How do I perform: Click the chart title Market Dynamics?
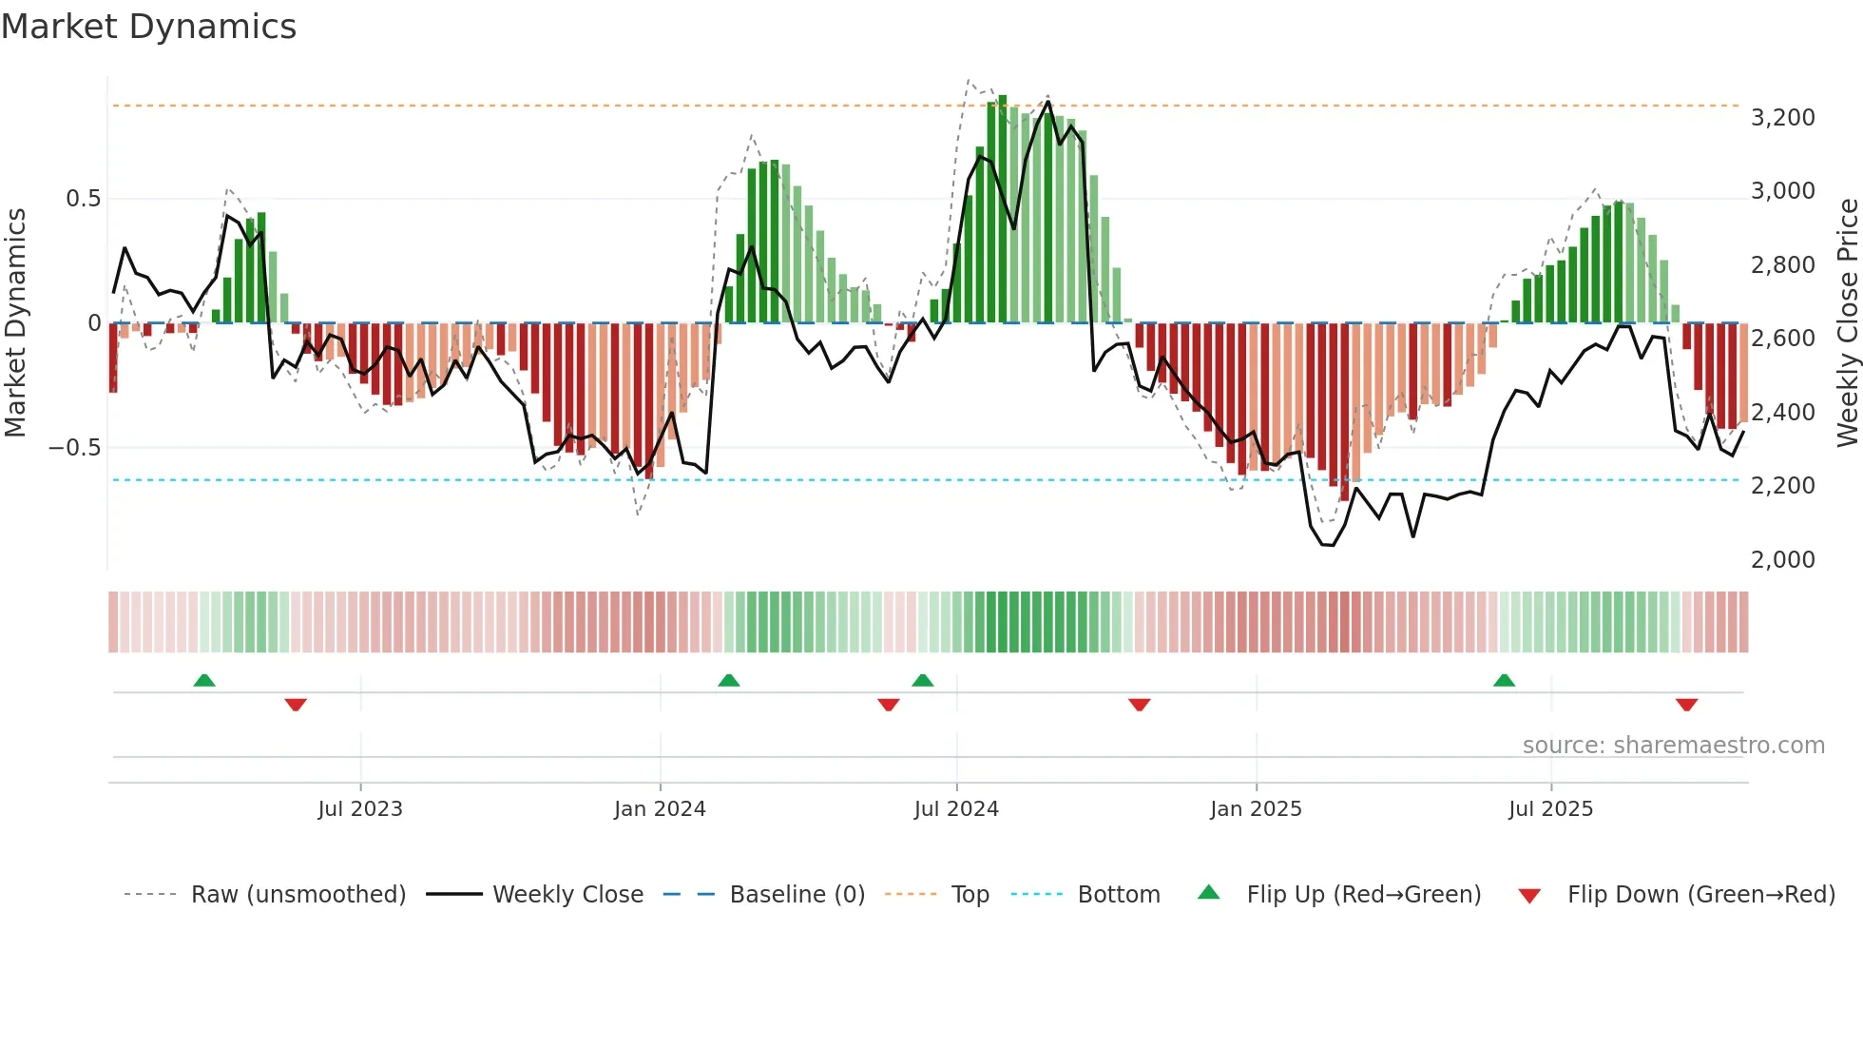pos(149,27)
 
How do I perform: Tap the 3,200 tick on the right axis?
pos(1782,118)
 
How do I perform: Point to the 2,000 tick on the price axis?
pos(1782,560)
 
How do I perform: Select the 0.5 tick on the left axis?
pos(83,199)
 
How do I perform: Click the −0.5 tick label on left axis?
pos(75,448)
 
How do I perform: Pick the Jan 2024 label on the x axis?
pos(660,809)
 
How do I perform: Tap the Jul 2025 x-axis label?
pos(1550,809)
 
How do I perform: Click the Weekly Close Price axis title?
pos(1847,322)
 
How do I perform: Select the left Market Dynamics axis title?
pos(15,322)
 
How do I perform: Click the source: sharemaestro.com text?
pos(1673,746)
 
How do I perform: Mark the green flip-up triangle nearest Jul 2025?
pos(1504,681)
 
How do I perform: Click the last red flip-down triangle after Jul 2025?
pos(1686,705)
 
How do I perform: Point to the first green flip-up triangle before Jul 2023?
pos(204,681)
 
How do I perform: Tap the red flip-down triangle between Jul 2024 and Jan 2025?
pos(1139,705)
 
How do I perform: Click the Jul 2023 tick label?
pos(360,809)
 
